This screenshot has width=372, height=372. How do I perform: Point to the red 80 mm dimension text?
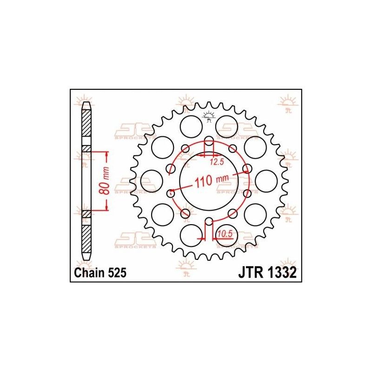point(106,181)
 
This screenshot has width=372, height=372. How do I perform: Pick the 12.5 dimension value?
point(217,162)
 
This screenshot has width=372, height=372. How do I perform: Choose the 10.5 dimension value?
point(225,233)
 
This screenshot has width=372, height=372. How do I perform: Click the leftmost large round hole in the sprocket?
point(150,180)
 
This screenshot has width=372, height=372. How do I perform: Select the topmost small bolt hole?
point(209,140)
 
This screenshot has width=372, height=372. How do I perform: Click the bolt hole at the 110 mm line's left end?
point(170,193)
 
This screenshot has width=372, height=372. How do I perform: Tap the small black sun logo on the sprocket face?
point(208,116)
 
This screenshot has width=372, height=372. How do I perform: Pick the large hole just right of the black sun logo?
point(227,124)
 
